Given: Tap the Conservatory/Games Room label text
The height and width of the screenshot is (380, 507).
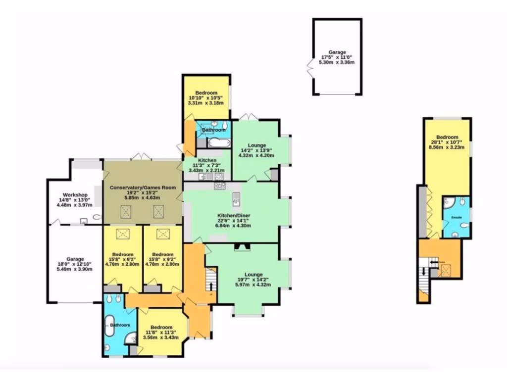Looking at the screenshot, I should click(141, 187).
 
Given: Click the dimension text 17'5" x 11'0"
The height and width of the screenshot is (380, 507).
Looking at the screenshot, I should click(337, 57).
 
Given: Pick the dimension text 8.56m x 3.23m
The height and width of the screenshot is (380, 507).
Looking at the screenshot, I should click(447, 147).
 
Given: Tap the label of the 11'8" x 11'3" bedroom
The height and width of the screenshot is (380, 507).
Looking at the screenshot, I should click(161, 328).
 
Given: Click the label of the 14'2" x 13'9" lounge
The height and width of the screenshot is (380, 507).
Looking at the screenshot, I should click(256, 145).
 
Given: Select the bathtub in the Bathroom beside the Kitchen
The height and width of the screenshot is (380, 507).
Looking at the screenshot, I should click(217, 143).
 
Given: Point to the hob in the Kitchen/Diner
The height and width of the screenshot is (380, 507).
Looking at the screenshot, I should click(219, 186).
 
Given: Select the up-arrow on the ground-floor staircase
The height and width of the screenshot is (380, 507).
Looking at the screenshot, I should click(212, 286).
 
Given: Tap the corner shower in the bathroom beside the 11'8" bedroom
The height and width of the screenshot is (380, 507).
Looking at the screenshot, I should click(131, 337).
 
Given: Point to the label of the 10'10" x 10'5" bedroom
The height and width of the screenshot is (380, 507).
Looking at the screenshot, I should click(206, 93).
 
